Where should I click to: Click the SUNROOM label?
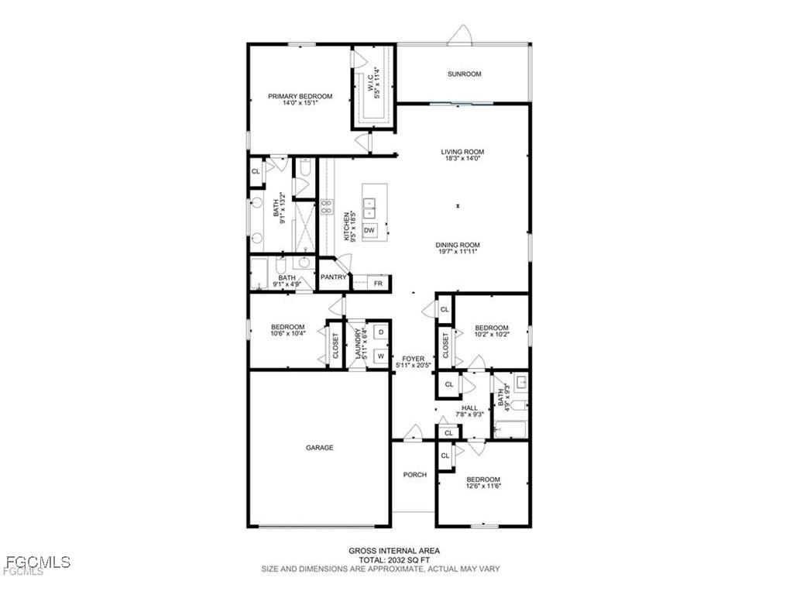[464, 74]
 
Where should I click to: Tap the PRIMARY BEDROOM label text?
[300, 96]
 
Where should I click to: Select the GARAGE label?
[319, 448]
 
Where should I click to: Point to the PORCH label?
[414, 475]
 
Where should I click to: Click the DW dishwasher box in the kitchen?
[369, 231]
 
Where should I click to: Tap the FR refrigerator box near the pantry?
[378, 284]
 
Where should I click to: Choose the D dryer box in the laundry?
[380, 332]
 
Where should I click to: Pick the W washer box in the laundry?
[380, 356]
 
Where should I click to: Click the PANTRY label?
[334, 277]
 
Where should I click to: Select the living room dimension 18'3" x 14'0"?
[463, 159]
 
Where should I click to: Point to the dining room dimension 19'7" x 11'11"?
[456, 252]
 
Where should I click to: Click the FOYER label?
[414, 359]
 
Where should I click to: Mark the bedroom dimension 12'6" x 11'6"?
[483, 487]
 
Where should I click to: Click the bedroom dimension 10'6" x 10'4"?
[287, 334]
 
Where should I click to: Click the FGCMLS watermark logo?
[37, 562]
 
